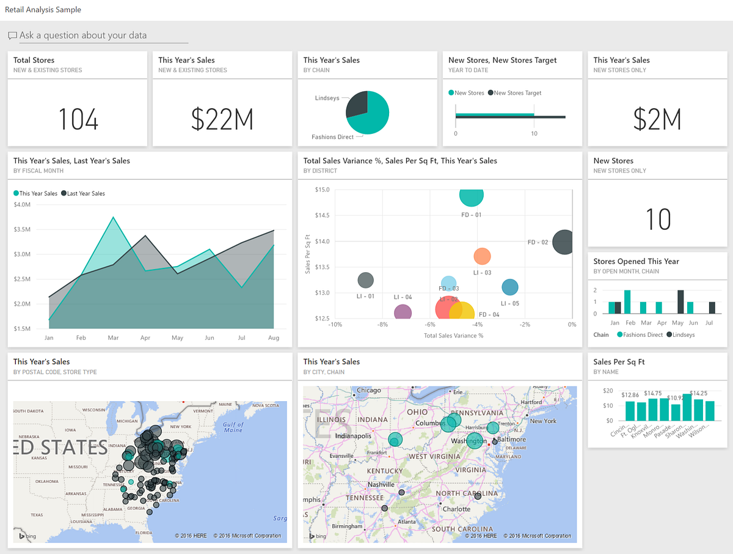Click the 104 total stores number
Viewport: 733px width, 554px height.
(78, 119)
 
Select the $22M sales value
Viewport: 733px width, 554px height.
(222, 119)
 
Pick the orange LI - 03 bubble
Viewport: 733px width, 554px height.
(482, 256)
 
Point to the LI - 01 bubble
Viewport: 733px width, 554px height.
(365, 281)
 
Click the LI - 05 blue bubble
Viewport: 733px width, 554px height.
(509, 287)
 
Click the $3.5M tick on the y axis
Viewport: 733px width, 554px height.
(22, 229)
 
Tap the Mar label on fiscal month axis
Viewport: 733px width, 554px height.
(113, 338)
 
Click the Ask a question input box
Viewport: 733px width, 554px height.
(98, 35)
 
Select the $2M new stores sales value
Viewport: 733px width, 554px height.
(657, 119)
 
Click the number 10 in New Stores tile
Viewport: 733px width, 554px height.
(658, 220)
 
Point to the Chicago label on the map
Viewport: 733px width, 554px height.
(369, 390)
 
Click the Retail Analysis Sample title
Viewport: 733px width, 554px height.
(43, 10)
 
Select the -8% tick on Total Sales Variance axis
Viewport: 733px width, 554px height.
(382, 325)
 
